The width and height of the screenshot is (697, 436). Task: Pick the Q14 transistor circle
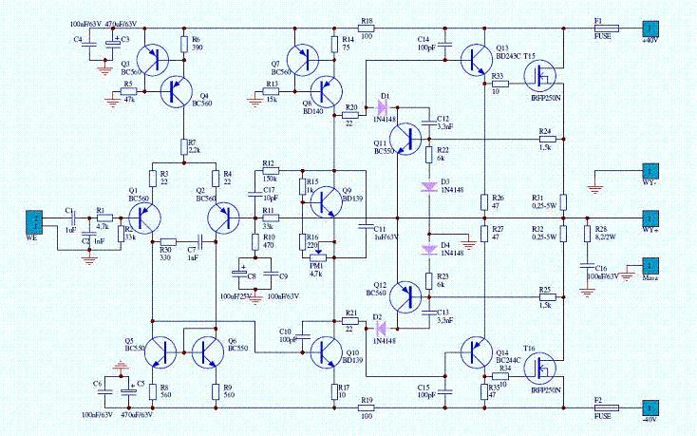476,353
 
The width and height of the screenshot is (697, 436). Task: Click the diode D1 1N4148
383,106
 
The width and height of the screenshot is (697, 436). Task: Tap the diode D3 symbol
428,186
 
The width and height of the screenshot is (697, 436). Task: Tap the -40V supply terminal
650,408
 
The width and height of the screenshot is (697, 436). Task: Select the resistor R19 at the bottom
367,408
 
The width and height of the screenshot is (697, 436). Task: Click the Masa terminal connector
650,266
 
